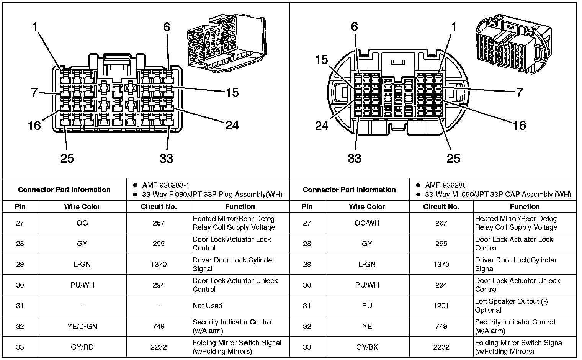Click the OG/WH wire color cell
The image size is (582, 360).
(367, 223)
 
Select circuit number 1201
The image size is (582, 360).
(441, 306)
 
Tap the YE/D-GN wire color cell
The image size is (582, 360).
(82, 326)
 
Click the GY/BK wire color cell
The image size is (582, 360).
(367, 347)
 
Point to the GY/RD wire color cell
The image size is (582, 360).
(82, 347)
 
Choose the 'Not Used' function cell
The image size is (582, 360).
(208, 306)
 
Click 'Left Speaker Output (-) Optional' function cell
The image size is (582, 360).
(511, 306)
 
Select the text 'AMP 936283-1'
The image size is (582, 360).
(165, 185)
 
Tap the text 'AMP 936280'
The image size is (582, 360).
(445, 185)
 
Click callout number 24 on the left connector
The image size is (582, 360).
(232, 125)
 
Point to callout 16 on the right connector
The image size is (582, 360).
(519, 125)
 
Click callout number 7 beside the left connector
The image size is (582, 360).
(34, 93)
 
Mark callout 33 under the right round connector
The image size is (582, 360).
(355, 158)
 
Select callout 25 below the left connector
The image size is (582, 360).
(67, 158)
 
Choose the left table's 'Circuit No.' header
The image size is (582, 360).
(159, 206)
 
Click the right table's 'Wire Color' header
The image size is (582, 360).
(367, 206)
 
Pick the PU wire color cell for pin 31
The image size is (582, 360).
(367, 306)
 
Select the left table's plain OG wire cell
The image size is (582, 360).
(82, 223)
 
